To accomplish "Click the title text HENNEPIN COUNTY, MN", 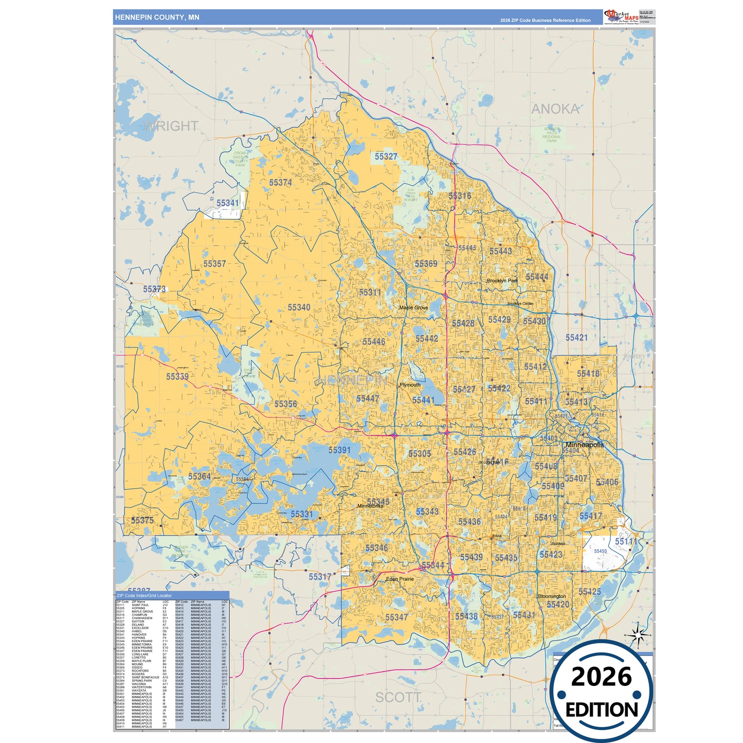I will [157, 17].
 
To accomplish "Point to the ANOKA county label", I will [555, 110].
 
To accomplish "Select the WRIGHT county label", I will [171, 126].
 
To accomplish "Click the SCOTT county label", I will [398, 698].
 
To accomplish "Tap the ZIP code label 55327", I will [386, 157].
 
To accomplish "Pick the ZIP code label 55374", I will [280, 183].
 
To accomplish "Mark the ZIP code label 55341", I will [227, 203].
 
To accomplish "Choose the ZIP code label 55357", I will [214, 264].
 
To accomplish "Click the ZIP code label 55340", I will [299, 307].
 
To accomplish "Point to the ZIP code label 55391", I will [339, 450].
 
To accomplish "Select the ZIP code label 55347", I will [396, 617].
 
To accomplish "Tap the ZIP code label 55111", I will [625, 542].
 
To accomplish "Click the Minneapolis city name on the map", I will [584, 445].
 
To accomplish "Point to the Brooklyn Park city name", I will [502, 281].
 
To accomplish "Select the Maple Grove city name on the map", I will [413, 307].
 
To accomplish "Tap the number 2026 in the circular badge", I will [601, 677].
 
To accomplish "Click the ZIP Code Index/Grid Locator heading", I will [144, 595].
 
